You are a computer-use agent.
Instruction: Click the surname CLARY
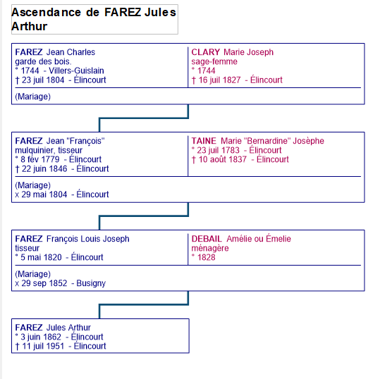click(206, 52)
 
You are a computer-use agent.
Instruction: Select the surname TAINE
click(204, 141)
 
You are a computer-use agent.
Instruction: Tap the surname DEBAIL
click(207, 239)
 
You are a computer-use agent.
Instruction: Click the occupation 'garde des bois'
click(42, 61)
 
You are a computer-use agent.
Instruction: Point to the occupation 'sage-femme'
click(214, 62)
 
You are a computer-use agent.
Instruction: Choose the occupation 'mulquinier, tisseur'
click(49, 150)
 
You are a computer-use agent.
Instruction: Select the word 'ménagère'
click(210, 248)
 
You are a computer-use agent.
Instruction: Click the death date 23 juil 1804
click(43, 80)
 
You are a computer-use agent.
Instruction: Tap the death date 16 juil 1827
click(219, 80)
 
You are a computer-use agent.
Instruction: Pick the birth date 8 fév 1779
click(40, 159)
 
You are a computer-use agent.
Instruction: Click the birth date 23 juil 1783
click(218, 150)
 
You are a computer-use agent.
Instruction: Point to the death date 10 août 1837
click(222, 159)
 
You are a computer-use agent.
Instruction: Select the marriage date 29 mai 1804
click(44, 194)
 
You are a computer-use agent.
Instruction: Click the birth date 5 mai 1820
click(41, 257)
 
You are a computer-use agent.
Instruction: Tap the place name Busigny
click(91, 283)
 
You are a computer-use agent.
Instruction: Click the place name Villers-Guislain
click(76, 70)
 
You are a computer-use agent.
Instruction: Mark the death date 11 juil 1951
click(43, 346)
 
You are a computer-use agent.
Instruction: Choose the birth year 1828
click(207, 257)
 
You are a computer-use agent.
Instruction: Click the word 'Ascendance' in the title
click(46, 13)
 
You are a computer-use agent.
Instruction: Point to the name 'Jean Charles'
click(71, 52)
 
